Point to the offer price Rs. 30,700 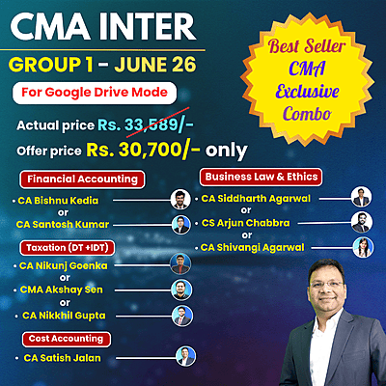pos(179,150)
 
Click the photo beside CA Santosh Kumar pos(179,224)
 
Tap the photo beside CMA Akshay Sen pos(179,290)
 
